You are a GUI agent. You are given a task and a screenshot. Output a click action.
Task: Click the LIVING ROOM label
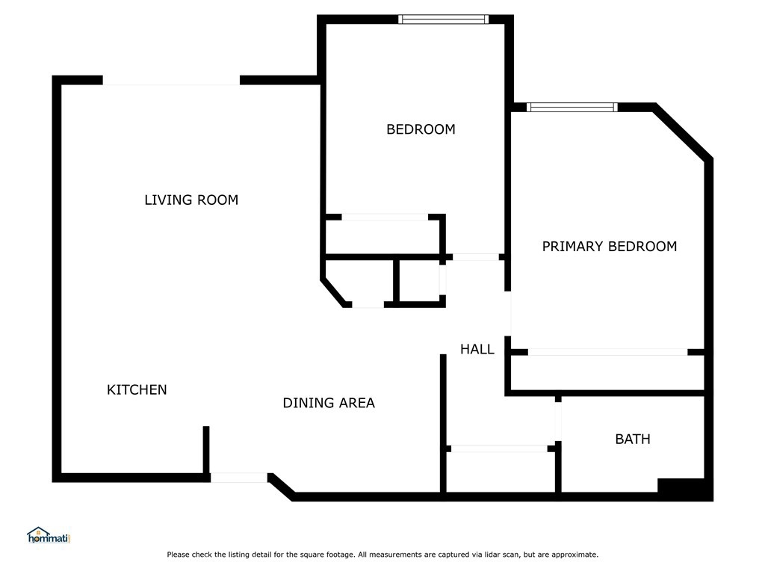coord(191,200)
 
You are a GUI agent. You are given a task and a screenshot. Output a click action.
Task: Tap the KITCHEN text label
coord(137,389)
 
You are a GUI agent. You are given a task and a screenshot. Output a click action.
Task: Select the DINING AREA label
coord(329,403)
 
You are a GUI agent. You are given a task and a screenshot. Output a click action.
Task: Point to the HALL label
coord(477,349)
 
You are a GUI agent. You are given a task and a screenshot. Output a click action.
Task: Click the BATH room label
coord(633,439)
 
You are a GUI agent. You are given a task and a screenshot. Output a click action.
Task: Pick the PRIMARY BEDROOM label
coord(610,247)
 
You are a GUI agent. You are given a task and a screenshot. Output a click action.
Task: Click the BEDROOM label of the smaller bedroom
coord(421,129)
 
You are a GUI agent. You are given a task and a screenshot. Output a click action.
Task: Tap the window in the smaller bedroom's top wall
coord(443,19)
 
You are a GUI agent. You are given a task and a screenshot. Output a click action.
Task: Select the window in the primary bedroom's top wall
coord(572,108)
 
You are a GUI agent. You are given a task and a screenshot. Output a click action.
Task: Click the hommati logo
coord(49,535)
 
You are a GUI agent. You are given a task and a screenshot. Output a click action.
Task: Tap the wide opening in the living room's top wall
coord(171,81)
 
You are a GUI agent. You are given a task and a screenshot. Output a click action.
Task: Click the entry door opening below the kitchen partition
coord(239,478)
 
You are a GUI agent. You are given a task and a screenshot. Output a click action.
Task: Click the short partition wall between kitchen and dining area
coord(206,450)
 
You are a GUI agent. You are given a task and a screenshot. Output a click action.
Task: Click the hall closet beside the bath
coord(501,472)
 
